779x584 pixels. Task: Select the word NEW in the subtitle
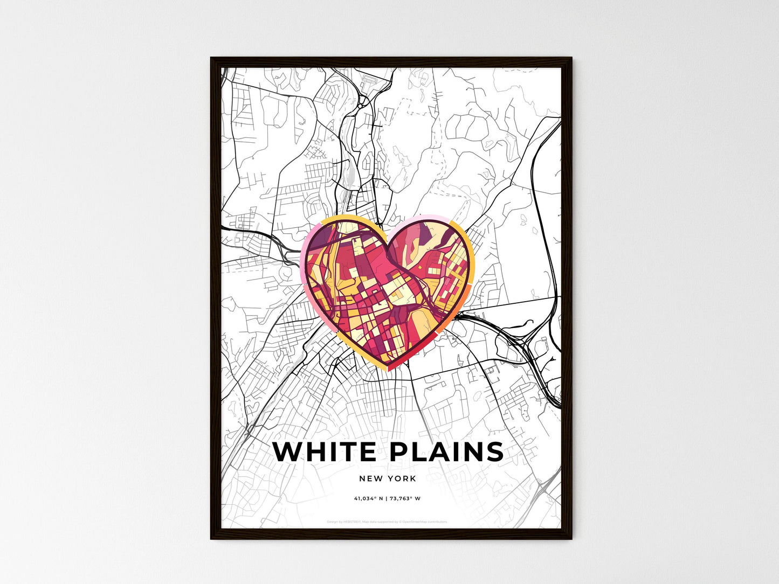[x=371, y=478]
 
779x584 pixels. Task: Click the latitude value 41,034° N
[x=368, y=498]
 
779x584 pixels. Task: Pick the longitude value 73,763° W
[x=405, y=498]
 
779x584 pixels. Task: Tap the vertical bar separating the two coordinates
[x=386, y=498]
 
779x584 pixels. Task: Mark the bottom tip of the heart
[x=387, y=370]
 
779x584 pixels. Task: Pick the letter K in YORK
[x=413, y=478]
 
